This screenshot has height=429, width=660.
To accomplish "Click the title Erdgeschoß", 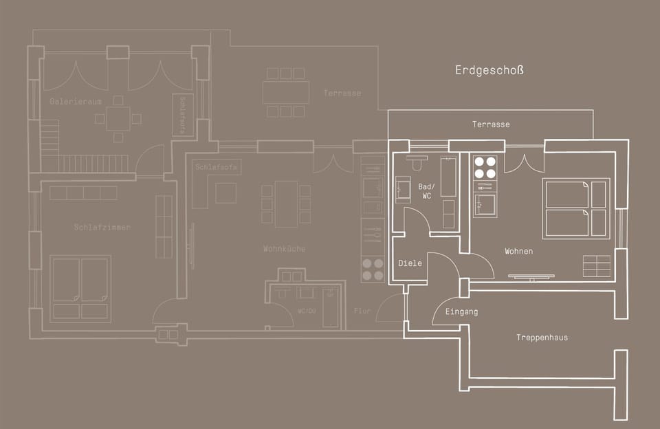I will [489, 70].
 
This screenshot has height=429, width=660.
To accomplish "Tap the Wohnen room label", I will [518, 252].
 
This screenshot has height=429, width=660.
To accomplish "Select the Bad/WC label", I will [426, 191].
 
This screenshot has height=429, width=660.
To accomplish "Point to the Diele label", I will [410, 263].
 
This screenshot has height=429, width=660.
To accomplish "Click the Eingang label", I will [461, 312].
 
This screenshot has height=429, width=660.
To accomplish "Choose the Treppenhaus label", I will [542, 338].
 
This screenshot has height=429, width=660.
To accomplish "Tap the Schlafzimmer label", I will [102, 228].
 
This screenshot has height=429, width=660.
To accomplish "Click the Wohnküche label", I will [284, 249].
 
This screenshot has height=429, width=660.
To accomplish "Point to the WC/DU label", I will [306, 311].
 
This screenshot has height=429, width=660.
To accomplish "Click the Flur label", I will [362, 311].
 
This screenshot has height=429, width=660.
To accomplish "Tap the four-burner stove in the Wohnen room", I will [485, 168].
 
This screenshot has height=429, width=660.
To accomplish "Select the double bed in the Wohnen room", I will [576, 208].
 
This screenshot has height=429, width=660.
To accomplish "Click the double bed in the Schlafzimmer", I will [80, 288].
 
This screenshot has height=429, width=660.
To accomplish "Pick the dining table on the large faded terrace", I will [285, 92].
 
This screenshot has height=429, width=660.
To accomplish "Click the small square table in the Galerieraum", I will [118, 118].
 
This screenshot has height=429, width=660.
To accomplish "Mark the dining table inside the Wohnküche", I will [286, 203].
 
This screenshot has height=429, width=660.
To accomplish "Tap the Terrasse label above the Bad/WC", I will [491, 124].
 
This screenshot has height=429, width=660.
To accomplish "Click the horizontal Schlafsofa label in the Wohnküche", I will [217, 167].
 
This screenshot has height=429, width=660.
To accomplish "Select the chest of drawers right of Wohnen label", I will [596, 266].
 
